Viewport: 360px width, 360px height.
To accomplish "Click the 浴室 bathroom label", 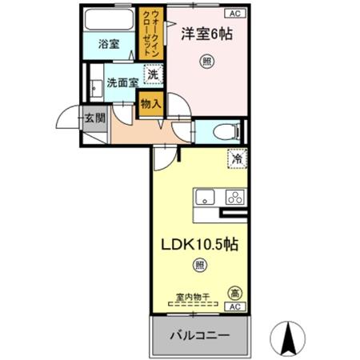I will click(110, 45).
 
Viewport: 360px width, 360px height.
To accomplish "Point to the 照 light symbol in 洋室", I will click(206, 62).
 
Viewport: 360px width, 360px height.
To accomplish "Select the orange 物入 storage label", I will click(150, 102).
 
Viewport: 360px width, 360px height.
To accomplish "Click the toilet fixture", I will click(225, 130).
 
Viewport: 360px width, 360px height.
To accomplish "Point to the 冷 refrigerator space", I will click(237, 159).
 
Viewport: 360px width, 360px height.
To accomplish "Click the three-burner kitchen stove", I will click(234, 196).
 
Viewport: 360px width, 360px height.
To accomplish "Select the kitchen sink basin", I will click(204, 196).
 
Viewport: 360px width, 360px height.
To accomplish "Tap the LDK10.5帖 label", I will click(201, 242).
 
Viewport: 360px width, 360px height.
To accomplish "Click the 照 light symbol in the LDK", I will click(200, 265).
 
